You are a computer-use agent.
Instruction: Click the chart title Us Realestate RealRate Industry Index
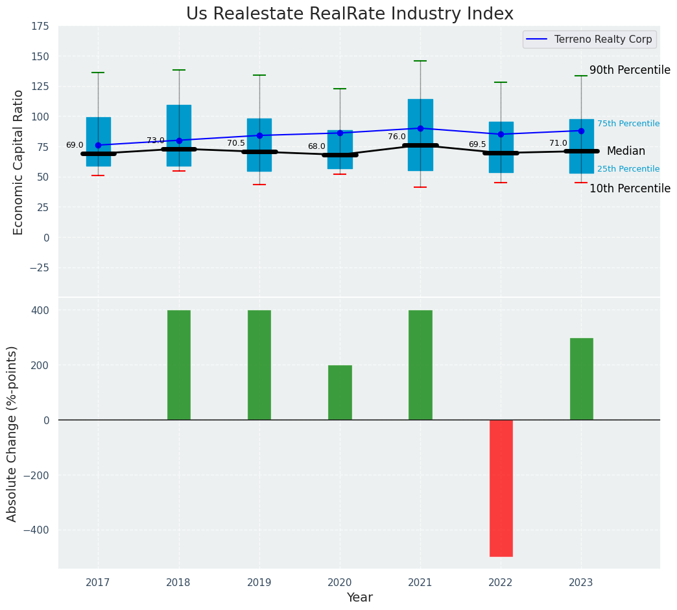coord(350,14)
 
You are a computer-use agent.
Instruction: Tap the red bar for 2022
coord(501,488)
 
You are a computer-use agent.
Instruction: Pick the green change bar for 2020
coord(340,392)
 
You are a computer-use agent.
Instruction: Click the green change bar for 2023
coord(581,379)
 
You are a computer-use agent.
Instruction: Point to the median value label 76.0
coord(397,137)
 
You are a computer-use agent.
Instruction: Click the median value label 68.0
coord(316,146)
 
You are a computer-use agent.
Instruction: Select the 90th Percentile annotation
coord(630,70)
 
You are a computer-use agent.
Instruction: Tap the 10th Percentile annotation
coord(630,188)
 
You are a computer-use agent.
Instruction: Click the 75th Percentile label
coord(628,124)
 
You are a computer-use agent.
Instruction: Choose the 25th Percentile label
coord(628,169)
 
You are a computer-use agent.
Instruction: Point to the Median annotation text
coord(626,151)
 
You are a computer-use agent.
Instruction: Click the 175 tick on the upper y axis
coord(40,26)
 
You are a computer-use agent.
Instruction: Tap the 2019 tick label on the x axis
coord(259,583)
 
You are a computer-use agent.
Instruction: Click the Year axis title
coord(359,598)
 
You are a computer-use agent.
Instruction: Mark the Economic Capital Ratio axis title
coord(18,162)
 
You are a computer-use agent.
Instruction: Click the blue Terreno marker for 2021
coord(420,128)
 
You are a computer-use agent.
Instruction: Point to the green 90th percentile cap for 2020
coord(340,89)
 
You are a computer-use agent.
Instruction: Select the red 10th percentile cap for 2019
coord(259,185)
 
